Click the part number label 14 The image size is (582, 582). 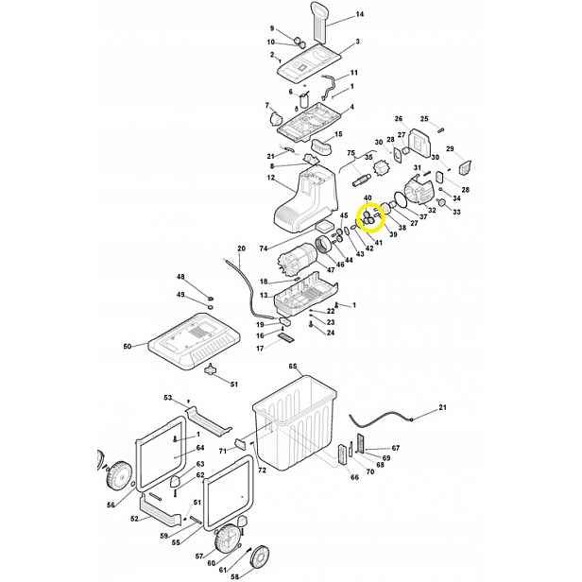(x=360, y=14)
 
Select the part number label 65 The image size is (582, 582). (x=293, y=366)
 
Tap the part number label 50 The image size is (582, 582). (x=128, y=347)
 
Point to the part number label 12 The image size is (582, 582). (x=270, y=178)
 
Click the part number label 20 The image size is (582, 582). (x=241, y=248)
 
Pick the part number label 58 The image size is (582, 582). (x=235, y=576)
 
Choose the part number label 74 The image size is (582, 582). (x=264, y=248)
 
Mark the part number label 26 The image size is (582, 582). (x=399, y=119)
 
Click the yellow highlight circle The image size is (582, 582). (x=370, y=218)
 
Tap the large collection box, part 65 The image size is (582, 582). (x=295, y=423)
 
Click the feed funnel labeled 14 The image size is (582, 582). (x=320, y=23)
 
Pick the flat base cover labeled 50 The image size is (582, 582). (x=194, y=341)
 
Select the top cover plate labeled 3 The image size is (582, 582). (x=309, y=63)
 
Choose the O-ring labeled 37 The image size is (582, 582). (x=402, y=199)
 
